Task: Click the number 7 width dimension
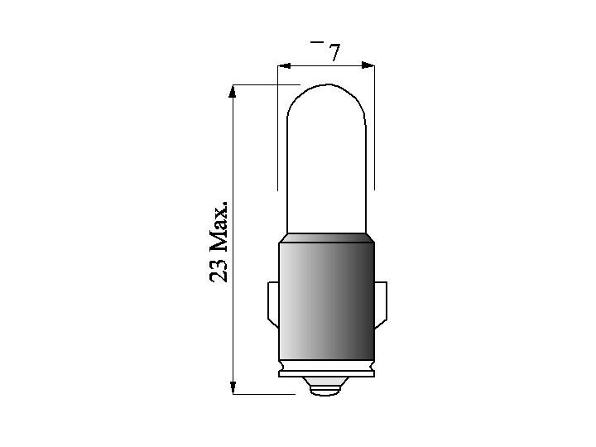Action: click(x=334, y=52)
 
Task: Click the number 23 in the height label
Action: click(x=219, y=270)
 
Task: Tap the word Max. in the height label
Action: click(x=219, y=228)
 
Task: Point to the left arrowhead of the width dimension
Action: click(x=284, y=65)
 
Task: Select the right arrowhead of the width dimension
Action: click(x=368, y=65)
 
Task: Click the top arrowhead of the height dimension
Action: click(x=233, y=92)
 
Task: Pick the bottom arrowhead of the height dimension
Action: click(x=233, y=387)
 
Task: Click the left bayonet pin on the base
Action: click(x=273, y=304)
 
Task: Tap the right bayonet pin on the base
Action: click(x=381, y=305)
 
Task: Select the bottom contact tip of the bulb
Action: click(x=326, y=387)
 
